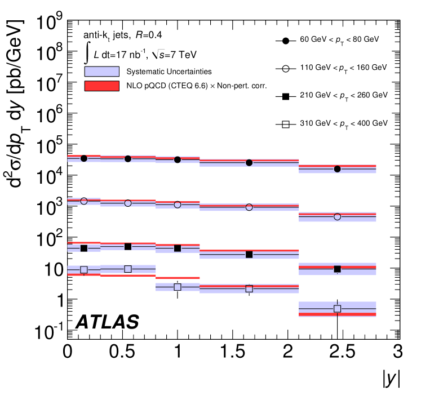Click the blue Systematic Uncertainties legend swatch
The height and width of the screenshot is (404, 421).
pos(101,72)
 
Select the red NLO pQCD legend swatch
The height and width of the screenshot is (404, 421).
pos(101,86)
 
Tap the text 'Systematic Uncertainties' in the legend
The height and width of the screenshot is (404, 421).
pos(169,72)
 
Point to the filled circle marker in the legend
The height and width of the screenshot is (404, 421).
pos(285,41)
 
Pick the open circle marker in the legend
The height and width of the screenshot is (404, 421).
pos(285,69)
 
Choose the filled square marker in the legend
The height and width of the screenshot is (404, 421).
pos(285,96)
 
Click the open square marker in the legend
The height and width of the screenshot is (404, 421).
pos(285,125)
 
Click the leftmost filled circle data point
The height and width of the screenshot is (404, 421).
pos(84,158)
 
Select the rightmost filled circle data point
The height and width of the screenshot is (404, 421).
pos(337,169)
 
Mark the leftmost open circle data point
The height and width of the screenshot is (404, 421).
pos(84,201)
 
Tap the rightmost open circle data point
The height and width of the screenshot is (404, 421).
pos(337,217)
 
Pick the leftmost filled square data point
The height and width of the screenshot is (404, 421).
pos(84,248)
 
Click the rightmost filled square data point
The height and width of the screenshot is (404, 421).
pos(337,269)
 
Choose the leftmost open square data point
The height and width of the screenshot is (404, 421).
pos(84,269)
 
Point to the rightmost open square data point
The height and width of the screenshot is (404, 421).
pos(337,309)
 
